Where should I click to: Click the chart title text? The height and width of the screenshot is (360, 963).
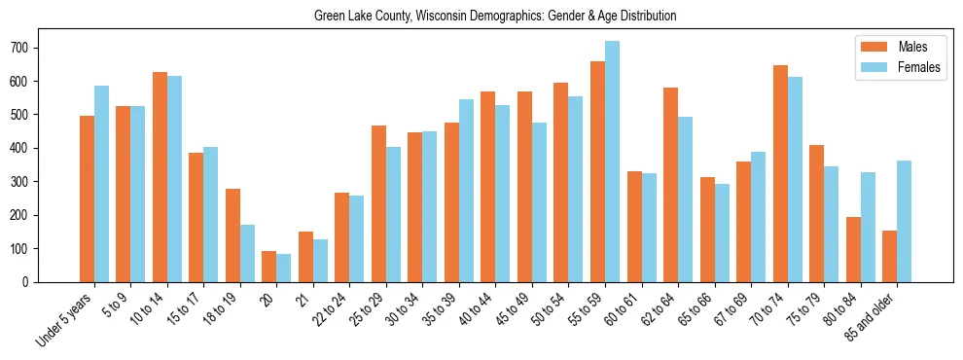pos(495,17)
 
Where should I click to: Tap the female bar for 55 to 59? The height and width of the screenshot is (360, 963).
pos(612,162)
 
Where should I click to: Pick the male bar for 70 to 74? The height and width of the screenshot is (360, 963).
pos(780,173)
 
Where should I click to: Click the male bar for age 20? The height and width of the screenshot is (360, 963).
pos(269,267)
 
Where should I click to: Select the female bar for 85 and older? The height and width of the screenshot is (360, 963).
pos(904,221)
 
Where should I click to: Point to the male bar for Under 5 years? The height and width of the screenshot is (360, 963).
pos(88,198)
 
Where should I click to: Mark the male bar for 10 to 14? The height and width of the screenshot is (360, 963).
pos(160,177)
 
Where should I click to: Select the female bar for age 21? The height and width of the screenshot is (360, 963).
pos(321,261)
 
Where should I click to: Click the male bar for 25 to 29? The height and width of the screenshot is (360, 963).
pos(378,203)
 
